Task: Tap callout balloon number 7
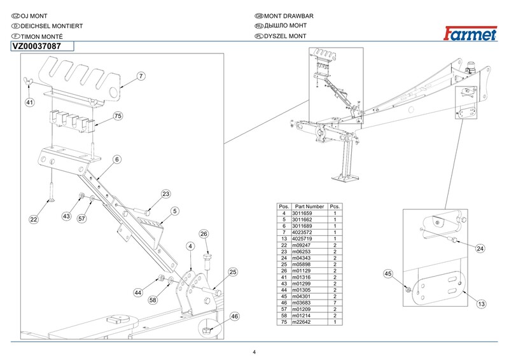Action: pos(141,76)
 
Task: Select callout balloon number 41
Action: pos(30,102)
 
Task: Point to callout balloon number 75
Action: pos(118,116)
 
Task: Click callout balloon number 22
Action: pos(34,219)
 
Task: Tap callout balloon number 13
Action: pos(482,305)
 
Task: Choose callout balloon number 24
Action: pos(480,248)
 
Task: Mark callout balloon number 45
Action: pos(387,274)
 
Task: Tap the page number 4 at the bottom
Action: pos(254,352)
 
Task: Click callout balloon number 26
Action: pos(204,234)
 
